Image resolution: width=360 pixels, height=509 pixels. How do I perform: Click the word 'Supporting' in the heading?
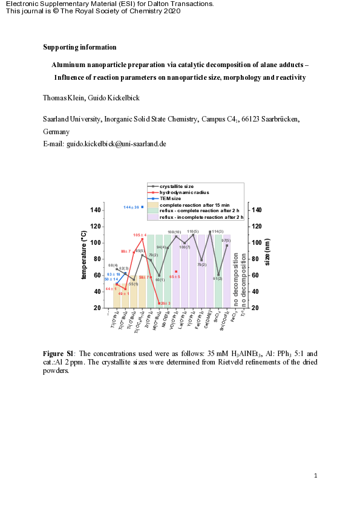coord(59,47)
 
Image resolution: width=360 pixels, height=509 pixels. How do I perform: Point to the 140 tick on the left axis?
coord(96,210)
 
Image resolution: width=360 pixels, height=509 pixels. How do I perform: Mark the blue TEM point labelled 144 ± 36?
coord(142,207)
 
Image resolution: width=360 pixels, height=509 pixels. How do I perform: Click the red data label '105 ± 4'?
coord(140,235)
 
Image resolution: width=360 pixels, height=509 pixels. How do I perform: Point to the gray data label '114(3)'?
coord(217,232)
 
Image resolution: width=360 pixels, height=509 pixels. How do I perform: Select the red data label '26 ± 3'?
coord(165,303)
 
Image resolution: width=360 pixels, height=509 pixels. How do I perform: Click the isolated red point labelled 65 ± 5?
coord(176,271)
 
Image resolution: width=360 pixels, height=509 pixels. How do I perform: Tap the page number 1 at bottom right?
coord(316,476)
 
